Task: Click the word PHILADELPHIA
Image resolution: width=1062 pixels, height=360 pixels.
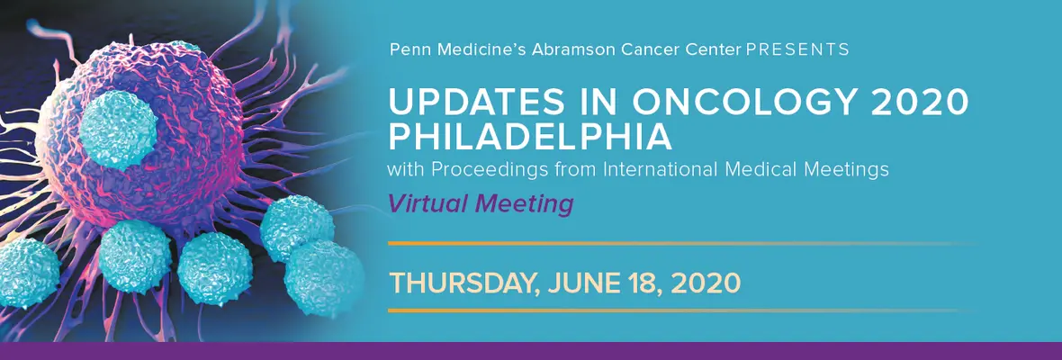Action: (x=530, y=138)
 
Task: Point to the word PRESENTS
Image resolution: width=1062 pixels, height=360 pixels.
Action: (x=797, y=49)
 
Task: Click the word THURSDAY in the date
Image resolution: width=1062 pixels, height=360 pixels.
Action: (x=463, y=283)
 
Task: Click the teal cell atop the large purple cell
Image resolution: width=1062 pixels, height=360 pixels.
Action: (x=119, y=129)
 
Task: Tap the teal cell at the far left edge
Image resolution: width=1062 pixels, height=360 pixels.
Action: (x=27, y=273)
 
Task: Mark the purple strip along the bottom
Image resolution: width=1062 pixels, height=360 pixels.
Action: (x=531, y=350)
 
